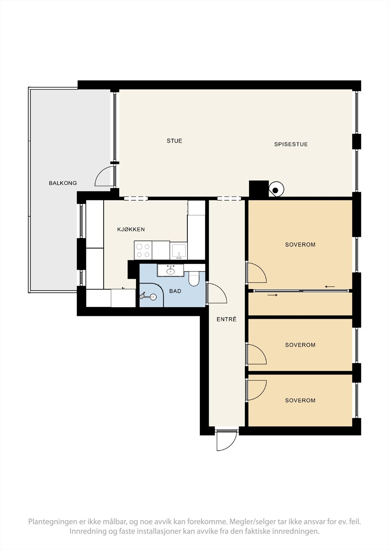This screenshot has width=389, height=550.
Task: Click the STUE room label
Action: (174, 141)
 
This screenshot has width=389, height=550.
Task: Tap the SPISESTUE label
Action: (291, 144)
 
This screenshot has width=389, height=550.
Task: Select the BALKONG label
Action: (63, 183)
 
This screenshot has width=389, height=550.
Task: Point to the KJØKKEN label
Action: (131, 229)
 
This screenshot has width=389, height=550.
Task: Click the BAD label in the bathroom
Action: (175, 291)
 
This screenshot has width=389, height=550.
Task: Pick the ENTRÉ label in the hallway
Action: (226, 319)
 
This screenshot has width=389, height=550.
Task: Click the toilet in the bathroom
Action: (194, 278)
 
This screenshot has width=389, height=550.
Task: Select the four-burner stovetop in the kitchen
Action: (143, 250)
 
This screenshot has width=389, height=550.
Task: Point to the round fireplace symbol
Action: (276, 189)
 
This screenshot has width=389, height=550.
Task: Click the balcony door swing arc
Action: (99, 172)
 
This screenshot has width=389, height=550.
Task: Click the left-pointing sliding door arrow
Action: (330, 287)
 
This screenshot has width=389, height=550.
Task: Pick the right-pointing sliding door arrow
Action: (272, 295)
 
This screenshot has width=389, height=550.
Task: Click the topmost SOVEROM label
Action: (300, 244)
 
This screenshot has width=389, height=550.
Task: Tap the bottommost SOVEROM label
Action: (300, 400)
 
